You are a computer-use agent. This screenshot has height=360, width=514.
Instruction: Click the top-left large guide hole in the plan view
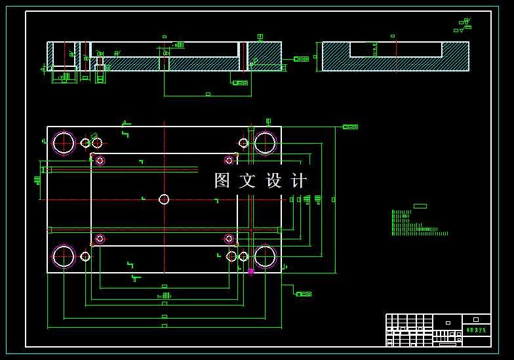click(x=64, y=142)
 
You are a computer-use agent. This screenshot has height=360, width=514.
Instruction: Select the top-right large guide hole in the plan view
click(x=265, y=142)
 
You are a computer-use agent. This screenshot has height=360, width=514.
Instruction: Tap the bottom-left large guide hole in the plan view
click(x=64, y=256)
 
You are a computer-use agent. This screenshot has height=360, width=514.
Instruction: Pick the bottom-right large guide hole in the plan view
click(x=265, y=256)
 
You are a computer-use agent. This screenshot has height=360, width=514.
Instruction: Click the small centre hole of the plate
click(x=164, y=199)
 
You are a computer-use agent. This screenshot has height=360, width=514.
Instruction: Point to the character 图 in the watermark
click(x=223, y=180)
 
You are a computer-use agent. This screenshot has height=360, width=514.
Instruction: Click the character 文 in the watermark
click(x=248, y=180)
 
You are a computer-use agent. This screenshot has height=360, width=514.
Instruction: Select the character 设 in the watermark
click(x=274, y=180)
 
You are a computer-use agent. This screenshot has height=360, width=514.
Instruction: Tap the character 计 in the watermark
click(x=299, y=180)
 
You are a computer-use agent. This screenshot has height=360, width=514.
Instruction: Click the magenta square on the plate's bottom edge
click(x=250, y=271)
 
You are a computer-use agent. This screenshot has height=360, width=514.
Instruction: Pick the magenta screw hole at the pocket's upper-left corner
click(x=100, y=161)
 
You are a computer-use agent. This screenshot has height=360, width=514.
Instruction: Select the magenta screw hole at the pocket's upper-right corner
click(x=229, y=161)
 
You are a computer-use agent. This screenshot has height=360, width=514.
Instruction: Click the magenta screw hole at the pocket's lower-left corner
click(x=100, y=239)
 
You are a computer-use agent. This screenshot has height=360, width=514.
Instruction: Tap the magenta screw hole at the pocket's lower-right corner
click(x=229, y=239)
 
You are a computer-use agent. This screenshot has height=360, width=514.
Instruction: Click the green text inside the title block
click(x=476, y=330)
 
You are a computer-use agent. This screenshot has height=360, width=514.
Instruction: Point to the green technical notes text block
click(x=418, y=223)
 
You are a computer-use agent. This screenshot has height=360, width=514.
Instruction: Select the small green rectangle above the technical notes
click(x=420, y=206)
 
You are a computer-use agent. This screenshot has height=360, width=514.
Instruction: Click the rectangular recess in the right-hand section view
click(x=396, y=50)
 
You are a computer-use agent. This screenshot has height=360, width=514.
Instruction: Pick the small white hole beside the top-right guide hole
click(x=244, y=143)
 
